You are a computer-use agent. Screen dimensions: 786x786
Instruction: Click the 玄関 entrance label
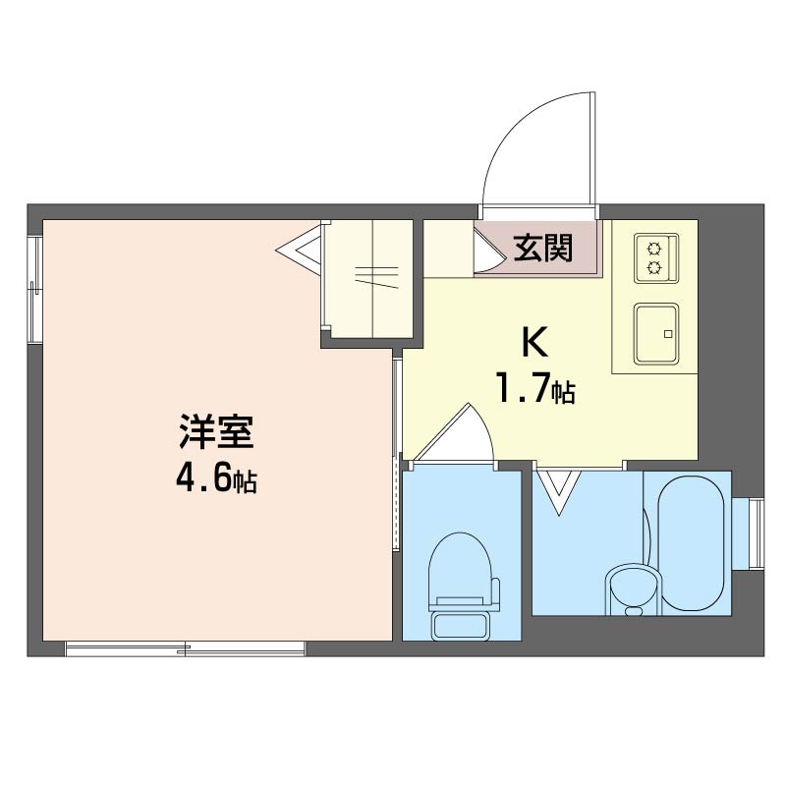(x=543, y=249)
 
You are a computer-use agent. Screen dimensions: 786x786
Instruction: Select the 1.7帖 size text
(x=535, y=387)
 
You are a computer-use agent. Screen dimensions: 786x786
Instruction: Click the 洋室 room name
(x=216, y=431)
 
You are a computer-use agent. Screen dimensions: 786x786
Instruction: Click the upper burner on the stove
(x=654, y=248)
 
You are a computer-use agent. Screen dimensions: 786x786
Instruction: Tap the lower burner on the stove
(x=654, y=269)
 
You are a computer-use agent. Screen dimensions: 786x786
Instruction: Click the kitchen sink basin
(x=656, y=334)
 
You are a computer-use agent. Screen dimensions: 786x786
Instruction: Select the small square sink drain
(x=667, y=334)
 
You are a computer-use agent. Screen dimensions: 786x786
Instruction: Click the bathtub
(x=691, y=543)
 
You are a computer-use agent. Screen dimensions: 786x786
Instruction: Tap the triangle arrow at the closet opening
(x=299, y=249)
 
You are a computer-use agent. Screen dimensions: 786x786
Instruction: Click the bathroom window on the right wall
(x=757, y=533)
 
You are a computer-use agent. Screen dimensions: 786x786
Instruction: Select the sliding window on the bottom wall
(x=185, y=648)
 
